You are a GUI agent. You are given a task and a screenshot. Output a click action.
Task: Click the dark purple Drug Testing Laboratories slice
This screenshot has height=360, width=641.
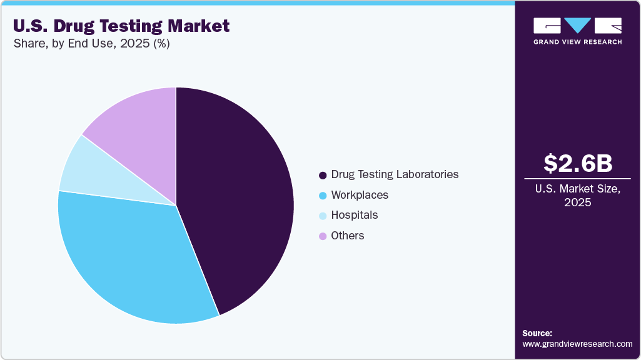point(244,200)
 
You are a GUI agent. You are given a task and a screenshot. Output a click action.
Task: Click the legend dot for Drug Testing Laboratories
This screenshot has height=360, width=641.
point(323,175)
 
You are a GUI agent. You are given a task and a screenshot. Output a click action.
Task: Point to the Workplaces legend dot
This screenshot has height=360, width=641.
point(323,196)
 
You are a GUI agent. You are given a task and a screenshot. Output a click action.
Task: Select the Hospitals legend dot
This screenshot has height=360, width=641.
point(323,216)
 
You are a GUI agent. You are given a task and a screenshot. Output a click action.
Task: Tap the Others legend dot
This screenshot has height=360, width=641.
point(323,236)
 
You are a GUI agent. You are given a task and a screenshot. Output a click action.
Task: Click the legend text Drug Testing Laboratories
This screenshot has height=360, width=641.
point(395,174)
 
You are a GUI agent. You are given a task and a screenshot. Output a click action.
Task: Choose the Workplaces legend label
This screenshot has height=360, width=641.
point(360,195)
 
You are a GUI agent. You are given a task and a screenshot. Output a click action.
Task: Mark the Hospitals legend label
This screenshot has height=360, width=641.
point(355,215)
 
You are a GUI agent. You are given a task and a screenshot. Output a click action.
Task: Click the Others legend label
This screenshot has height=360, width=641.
point(348,236)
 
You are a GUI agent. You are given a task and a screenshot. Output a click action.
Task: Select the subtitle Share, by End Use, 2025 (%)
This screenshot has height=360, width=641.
point(91,44)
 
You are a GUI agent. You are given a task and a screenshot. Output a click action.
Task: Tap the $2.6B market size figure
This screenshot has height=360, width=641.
point(578,163)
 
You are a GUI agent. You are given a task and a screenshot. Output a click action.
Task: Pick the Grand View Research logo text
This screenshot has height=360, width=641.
point(577,42)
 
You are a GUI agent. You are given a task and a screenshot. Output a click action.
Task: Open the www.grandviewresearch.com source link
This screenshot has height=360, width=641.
point(577,344)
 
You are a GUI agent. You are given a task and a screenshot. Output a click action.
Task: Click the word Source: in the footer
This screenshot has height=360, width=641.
point(537,333)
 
